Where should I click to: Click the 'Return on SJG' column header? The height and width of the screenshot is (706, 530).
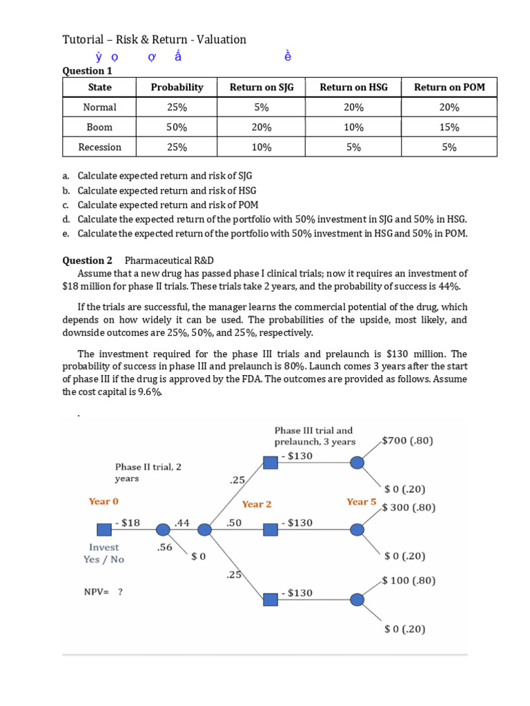point(257,88)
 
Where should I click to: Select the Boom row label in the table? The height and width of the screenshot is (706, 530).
point(99,128)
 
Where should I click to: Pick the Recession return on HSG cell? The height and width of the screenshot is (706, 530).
point(353,148)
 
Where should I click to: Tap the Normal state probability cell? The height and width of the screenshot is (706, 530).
point(177,108)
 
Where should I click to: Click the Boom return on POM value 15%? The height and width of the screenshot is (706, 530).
point(449,128)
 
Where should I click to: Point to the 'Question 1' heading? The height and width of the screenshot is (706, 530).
point(87,70)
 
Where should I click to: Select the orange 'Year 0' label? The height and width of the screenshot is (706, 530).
point(108,501)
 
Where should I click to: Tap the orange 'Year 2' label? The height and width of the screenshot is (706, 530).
point(257,504)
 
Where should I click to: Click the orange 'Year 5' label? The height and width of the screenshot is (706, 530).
point(361,501)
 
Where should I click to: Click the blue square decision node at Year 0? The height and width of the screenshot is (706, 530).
point(104,529)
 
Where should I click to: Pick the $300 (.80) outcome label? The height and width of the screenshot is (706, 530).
point(409,507)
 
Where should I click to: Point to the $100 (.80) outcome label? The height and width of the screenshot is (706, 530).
point(409,581)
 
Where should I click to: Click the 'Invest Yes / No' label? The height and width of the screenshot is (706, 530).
point(104,554)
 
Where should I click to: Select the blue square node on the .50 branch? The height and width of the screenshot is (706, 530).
point(271,529)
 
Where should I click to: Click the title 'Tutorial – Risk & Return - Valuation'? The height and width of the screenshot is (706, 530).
point(154,39)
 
